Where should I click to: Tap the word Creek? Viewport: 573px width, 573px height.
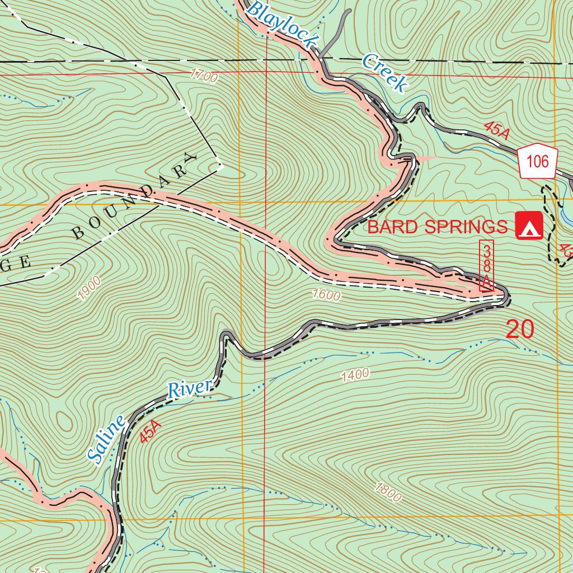pos(383,72)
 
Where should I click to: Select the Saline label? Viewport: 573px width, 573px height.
pos(107,441)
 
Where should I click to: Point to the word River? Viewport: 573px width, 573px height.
pos(191,388)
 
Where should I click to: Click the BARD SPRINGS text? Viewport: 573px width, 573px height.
pos(437,227)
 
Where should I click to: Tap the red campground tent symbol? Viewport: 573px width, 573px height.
pos(529,226)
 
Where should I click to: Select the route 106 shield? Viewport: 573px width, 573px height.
pos(538,162)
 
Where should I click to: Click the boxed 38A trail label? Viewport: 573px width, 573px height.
pos(487,266)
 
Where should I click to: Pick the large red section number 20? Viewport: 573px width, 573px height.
pos(520,329)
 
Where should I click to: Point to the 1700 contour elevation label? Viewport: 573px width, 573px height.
pos(203,76)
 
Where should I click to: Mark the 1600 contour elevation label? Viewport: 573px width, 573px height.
pos(326,295)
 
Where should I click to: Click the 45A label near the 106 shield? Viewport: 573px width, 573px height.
pos(497,130)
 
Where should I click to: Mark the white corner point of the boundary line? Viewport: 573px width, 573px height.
pos(220,166)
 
